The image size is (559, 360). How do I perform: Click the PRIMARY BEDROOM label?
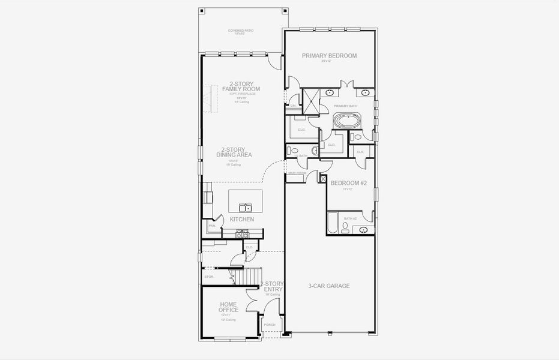pos(329,56)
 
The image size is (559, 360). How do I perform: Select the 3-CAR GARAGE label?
pos(328,286)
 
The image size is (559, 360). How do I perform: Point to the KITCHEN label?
pos(242,220)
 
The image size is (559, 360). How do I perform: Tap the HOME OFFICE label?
pos(229,307)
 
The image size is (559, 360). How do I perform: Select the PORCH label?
pos(270,325)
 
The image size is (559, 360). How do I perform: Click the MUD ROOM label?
pos(297,173)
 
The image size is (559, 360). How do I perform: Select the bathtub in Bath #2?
pos(333,224)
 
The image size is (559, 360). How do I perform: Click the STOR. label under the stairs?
pos(209,277)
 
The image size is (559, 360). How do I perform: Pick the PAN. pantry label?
pos(212,226)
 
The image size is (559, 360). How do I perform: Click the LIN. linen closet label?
pos(293,106)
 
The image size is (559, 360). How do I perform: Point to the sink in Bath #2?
pos(362,230)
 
